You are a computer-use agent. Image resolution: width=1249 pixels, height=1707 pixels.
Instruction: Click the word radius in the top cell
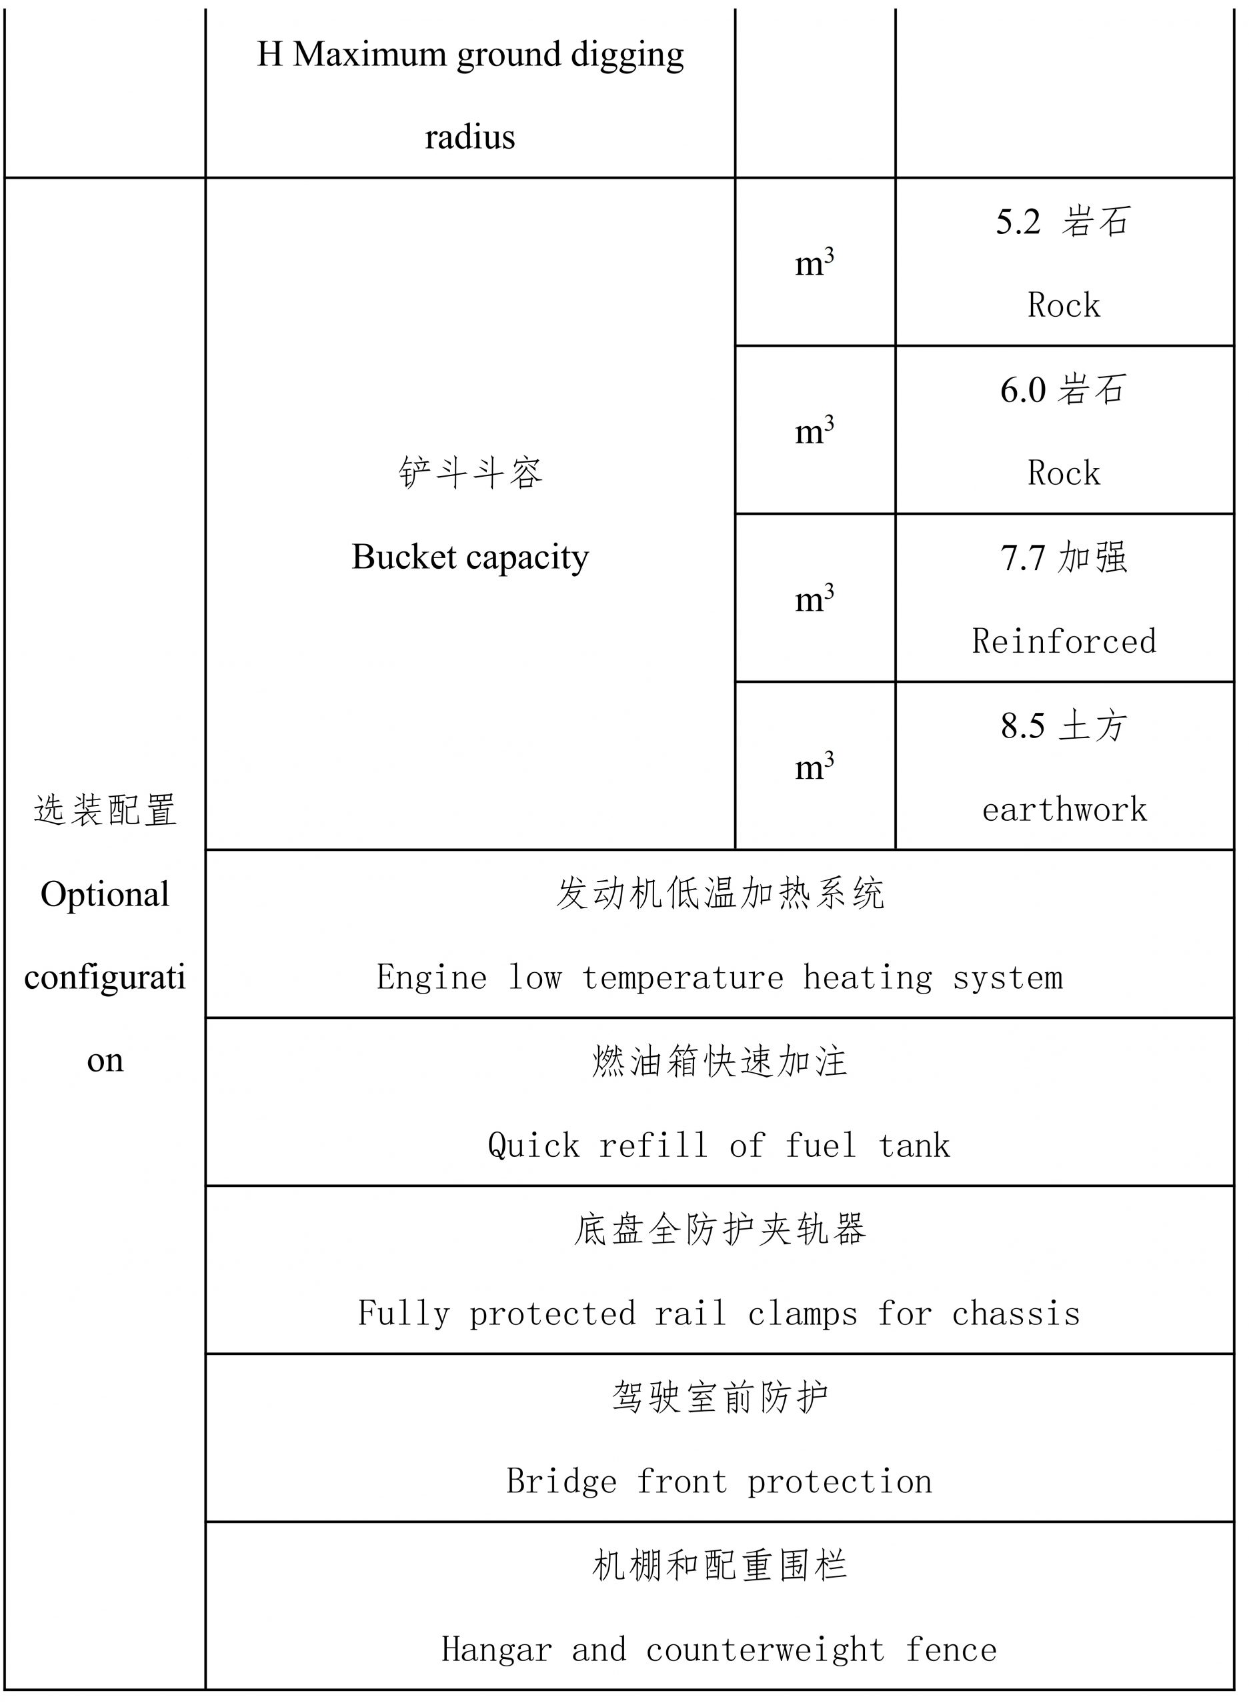[x=469, y=137]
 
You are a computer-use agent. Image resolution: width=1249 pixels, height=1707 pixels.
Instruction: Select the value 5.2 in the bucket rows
[x=1018, y=222]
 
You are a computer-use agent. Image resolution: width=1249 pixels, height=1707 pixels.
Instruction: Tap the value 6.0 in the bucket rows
[x=1023, y=390]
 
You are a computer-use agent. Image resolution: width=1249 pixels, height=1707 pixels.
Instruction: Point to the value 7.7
[x=1023, y=558]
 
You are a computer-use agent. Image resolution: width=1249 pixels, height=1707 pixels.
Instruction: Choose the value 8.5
[x=1023, y=725]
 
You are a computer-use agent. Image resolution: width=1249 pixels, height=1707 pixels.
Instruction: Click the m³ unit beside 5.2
[x=814, y=263]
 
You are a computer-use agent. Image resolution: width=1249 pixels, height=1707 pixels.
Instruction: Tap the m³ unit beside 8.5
[x=814, y=767]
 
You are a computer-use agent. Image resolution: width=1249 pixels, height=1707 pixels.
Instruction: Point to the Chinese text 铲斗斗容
[x=470, y=473]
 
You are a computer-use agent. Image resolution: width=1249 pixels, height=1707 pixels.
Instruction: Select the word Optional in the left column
[x=105, y=895]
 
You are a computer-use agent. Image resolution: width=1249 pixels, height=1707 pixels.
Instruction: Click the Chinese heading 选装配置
[x=105, y=810]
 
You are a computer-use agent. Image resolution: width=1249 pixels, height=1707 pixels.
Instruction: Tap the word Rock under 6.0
[x=1064, y=473]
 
